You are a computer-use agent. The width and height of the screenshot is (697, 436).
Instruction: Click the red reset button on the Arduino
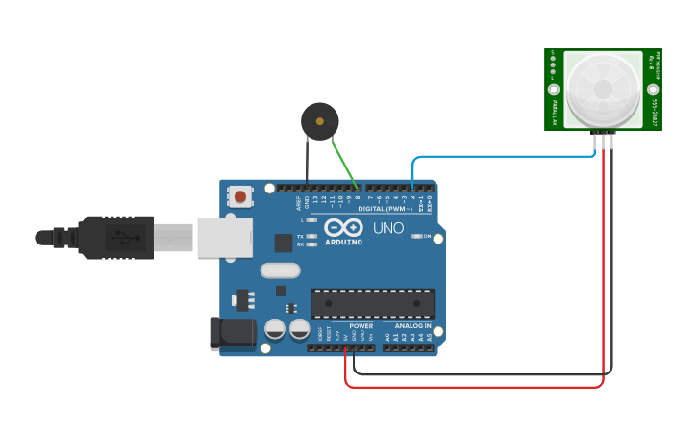pyautogui.click(x=239, y=196)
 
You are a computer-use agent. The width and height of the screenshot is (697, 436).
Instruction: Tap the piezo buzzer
pyautogui.click(x=319, y=120)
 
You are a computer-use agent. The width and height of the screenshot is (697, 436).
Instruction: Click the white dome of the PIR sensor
pyautogui.click(x=603, y=90)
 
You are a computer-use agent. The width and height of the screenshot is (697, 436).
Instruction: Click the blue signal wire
pyautogui.click(x=500, y=157)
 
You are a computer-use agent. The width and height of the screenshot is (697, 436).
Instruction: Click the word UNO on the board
pyautogui.click(x=388, y=228)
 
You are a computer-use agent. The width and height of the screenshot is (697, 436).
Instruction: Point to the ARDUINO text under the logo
pyautogui.click(x=343, y=242)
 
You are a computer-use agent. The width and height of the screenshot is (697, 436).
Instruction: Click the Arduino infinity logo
pyautogui.click(x=343, y=227)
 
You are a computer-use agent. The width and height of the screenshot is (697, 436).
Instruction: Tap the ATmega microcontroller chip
pyautogui.click(x=372, y=303)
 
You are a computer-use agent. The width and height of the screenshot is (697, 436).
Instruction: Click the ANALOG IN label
pyautogui.click(x=412, y=325)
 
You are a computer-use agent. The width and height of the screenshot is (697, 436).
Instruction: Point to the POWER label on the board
pyautogui.click(x=361, y=325)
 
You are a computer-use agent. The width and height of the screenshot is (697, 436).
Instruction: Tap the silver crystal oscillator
pyautogui.click(x=280, y=271)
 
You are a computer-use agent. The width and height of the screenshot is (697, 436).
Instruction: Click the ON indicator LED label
pyautogui.click(x=426, y=236)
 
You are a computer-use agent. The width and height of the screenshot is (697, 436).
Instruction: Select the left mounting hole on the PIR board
pyautogui.click(x=554, y=90)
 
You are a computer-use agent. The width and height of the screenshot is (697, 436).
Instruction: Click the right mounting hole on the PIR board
pyautogui.click(x=653, y=90)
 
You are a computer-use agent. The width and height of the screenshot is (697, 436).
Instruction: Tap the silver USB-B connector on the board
pyautogui.click(x=225, y=238)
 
